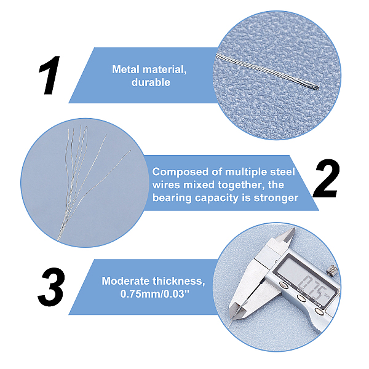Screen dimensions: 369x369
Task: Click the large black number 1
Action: [x=50, y=75]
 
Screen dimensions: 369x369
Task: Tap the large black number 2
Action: [x=326, y=178]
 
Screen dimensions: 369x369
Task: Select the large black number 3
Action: [x=51, y=287]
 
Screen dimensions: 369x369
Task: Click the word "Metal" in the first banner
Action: [x=126, y=69]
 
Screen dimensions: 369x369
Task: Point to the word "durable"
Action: [x=151, y=82]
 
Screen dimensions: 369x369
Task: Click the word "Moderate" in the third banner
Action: [x=125, y=281]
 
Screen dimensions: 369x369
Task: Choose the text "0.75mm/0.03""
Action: [x=155, y=294]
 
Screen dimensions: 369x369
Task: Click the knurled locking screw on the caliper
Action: [x=332, y=270]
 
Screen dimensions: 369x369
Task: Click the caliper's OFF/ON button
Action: [x=301, y=298]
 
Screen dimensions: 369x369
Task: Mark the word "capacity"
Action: [x=216, y=199]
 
